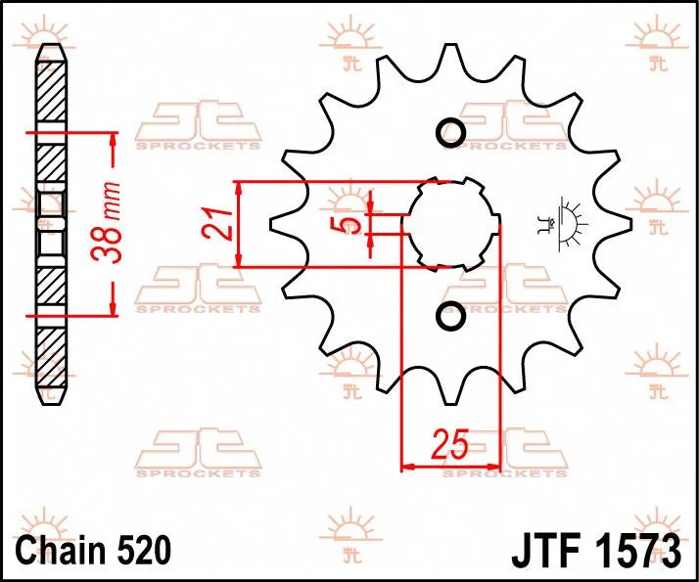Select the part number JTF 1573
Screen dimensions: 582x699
595,550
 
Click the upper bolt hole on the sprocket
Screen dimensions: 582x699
450,132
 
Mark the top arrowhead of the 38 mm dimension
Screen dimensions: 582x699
114,138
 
